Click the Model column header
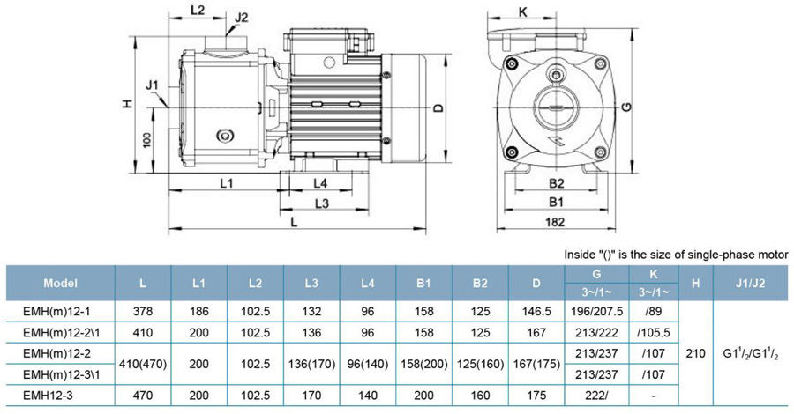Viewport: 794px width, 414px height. click(61, 284)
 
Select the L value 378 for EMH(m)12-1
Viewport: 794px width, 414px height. click(143, 311)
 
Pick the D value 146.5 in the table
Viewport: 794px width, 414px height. click(536, 311)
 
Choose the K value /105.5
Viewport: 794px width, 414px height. click(651, 333)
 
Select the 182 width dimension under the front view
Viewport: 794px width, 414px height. click(555, 222)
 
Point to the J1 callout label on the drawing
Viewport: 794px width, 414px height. click(152, 86)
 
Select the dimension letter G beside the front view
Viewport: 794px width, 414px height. click(626, 107)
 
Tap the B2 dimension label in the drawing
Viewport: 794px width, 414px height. click(556, 183)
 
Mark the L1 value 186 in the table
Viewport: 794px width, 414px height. click(199, 311)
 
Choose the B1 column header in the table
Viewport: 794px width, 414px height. click(423, 284)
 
